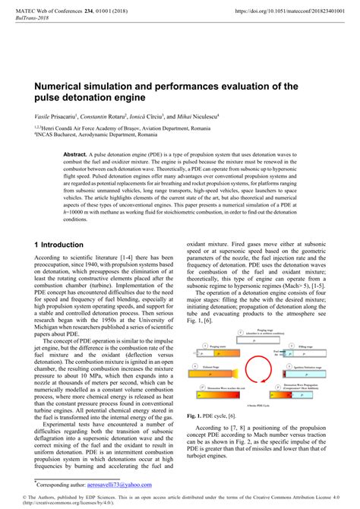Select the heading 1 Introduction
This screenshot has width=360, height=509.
click(x=59, y=245)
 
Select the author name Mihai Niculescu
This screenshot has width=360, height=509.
click(x=197, y=116)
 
